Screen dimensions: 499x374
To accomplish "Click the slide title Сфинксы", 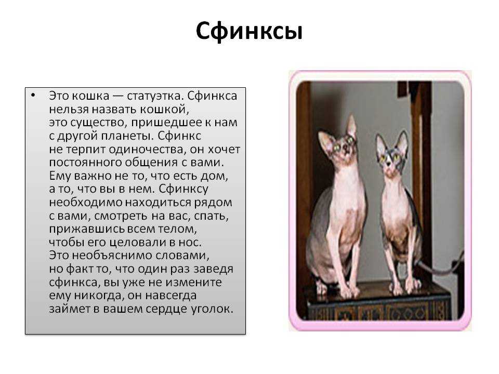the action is pos(249,32).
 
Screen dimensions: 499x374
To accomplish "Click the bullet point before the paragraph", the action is pos(33,95).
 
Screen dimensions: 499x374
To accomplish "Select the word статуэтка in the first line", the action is pos(155,96).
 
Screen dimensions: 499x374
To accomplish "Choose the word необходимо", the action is pos(86,202).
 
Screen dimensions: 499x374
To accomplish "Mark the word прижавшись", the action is pos(87,229).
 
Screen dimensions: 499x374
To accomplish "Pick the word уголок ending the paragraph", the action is pos(212,309).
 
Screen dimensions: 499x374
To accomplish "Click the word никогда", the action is pos(98,296).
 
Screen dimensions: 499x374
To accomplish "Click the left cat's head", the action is pos(339,142).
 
